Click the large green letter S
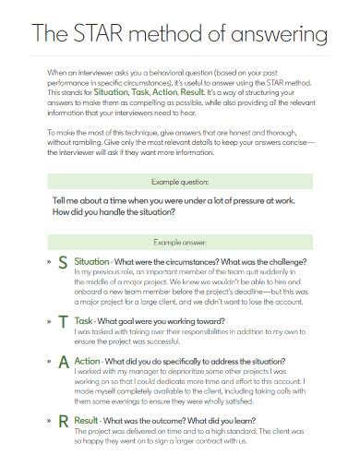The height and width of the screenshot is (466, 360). [x=62, y=263]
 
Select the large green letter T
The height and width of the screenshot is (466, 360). [x=62, y=322]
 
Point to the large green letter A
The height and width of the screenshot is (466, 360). [x=62, y=362]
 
